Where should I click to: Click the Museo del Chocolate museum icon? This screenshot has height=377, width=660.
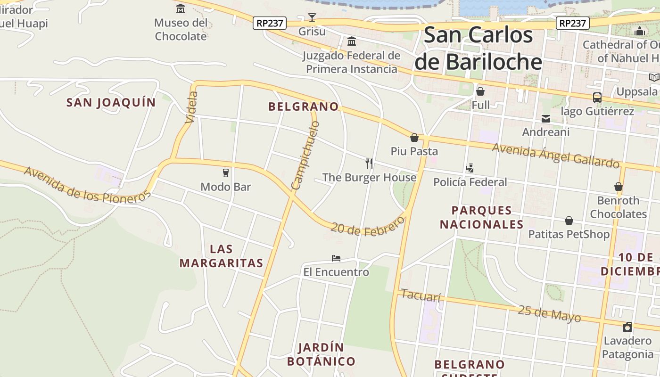[x=181, y=8]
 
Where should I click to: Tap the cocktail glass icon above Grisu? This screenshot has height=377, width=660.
[x=312, y=17]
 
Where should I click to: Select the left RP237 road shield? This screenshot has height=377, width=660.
[x=270, y=23]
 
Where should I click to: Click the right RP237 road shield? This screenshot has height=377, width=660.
[x=572, y=23]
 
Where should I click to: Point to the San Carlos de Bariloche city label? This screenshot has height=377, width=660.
[x=478, y=49]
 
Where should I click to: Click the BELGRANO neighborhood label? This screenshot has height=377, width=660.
[x=304, y=107]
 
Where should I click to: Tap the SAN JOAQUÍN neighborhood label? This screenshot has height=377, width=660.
[x=111, y=102]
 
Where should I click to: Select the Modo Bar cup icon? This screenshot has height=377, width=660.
[x=225, y=173]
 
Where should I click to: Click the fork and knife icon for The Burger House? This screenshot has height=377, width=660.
[x=369, y=164]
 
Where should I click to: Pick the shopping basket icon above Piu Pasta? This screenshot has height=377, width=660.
[x=414, y=138]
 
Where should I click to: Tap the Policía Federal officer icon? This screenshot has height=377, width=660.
[x=470, y=168]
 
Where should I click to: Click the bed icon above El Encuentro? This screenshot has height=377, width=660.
[x=336, y=258]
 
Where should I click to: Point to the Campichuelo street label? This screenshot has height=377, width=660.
[x=305, y=156]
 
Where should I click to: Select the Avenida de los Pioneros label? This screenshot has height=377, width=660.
[x=87, y=184]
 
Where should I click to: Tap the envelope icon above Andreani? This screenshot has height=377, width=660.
[x=545, y=118]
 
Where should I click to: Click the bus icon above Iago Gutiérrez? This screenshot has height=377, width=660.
[x=597, y=98]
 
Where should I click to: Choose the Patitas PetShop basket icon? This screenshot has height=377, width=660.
[x=569, y=221]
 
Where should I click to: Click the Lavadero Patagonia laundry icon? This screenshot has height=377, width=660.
[x=627, y=327]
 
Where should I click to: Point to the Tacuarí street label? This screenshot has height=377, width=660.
[x=421, y=296]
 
